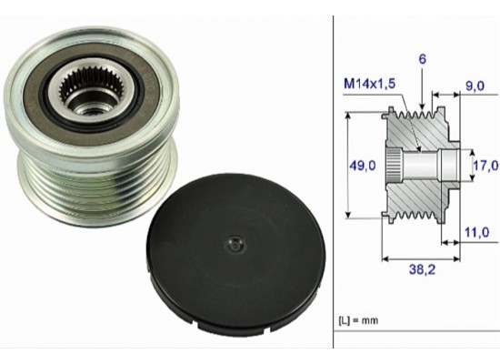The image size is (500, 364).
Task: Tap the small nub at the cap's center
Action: [235, 243]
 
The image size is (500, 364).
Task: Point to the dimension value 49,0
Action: [362, 166]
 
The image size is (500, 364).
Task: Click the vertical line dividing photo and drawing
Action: [334, 182]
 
